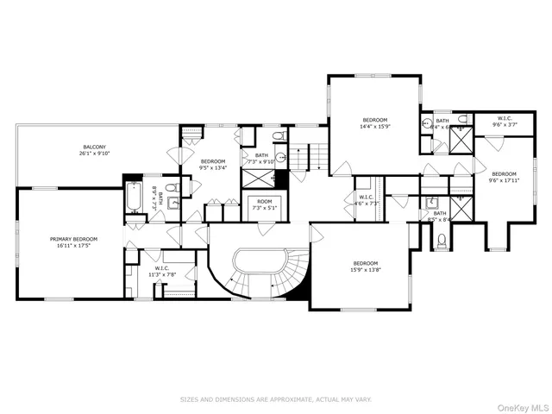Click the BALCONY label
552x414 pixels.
pos(94,147)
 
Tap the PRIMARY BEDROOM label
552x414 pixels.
pos(73,239)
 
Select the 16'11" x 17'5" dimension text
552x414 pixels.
pos(73,246)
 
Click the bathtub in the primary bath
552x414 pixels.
pos(134,199)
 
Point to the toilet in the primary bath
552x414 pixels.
pos(170,189)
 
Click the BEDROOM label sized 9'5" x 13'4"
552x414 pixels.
pos(213,161)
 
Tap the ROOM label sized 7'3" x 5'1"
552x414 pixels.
pos(265,201)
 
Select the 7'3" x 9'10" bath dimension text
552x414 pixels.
pos(261,161)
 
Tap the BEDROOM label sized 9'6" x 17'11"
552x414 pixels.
pos(504,173)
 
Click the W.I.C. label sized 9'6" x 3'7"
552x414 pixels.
pos(505,118)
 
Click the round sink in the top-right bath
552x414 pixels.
pos(425,123)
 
